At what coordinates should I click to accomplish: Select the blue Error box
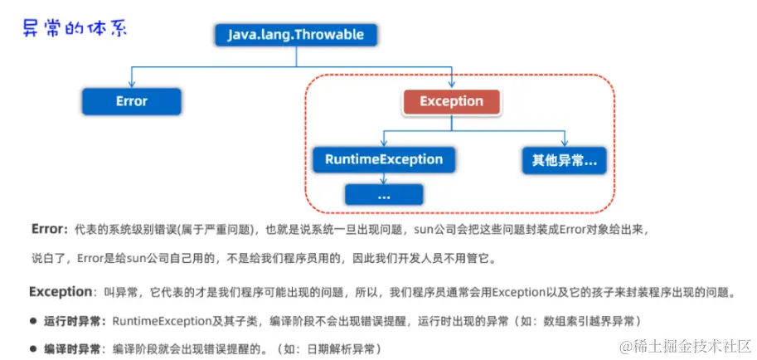click(131, 101)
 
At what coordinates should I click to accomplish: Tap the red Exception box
click(451, 101)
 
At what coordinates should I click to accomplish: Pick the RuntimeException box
click(383, 159)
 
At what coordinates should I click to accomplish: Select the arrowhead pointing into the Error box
click(131, 84)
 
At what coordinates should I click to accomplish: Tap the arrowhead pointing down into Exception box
click(451, 84)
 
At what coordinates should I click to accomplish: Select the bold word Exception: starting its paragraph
click(61, 292)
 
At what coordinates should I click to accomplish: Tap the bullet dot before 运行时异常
click(35, 320)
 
